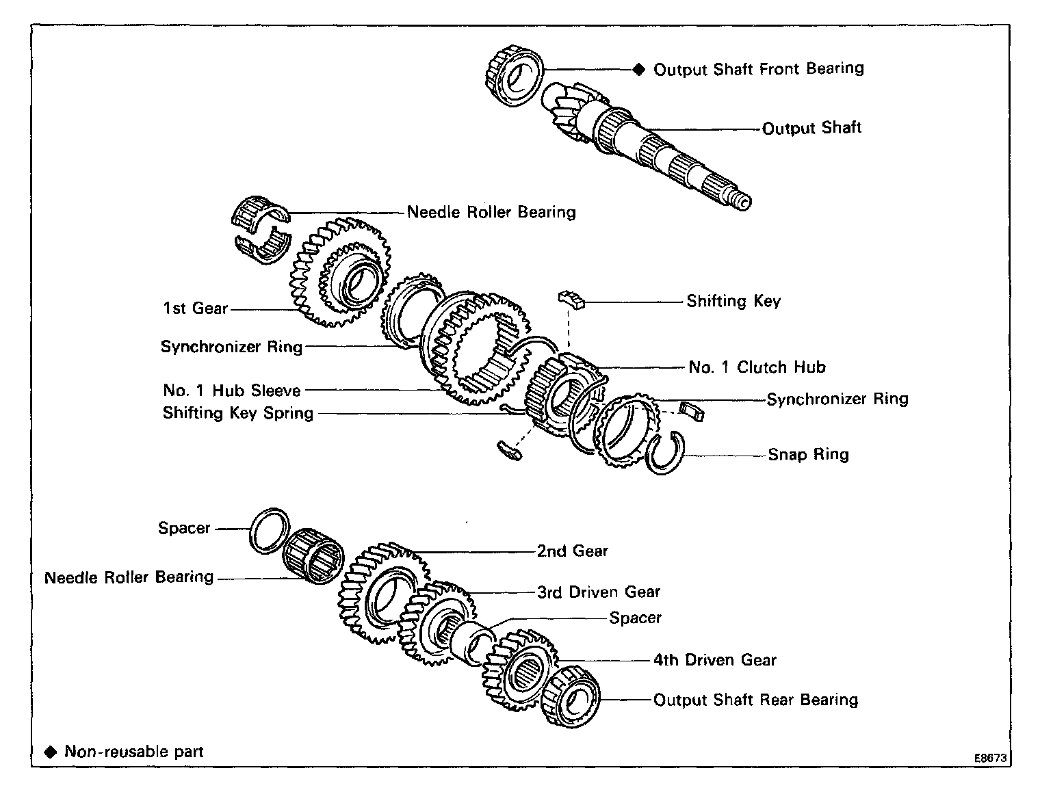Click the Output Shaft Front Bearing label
tap(758, 69)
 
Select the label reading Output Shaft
tap(811, 128)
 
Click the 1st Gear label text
tap(195, 308)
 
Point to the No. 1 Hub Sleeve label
tap(232, 391)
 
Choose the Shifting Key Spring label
tap(237, 413)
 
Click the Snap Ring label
tap(808, 455)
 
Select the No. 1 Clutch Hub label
tap(757, 367)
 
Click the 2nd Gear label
tap(572, 551)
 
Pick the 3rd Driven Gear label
tap(598, 592)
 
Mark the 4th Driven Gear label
tap(714, 660)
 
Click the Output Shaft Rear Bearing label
tap(755, 700)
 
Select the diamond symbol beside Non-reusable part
tap(51, 752)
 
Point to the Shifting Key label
tap(733, 302)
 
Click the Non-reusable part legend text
tap(133, 752)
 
